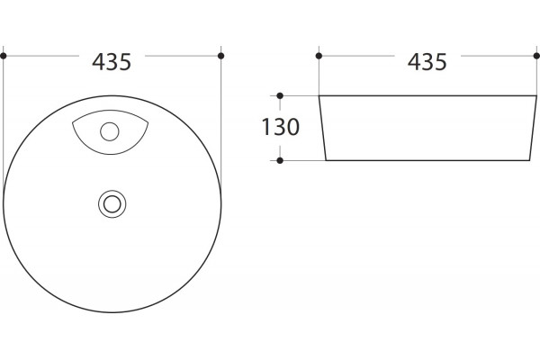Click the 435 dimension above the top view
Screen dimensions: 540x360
tap(112, 62)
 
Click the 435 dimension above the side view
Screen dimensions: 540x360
tap(427, 62)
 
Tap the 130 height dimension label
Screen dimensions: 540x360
tap(281, 127)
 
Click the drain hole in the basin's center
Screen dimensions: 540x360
tap(112, 204)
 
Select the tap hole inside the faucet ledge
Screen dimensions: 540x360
tap(110, 131)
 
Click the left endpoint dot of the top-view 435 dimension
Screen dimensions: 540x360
tap(4, 56)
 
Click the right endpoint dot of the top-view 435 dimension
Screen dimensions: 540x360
tap(221, 56)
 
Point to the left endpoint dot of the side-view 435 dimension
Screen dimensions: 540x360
tap(319, 56)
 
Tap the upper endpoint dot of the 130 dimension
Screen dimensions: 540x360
tap(280, 95)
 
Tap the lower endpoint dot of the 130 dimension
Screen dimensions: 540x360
tap(280, 160)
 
